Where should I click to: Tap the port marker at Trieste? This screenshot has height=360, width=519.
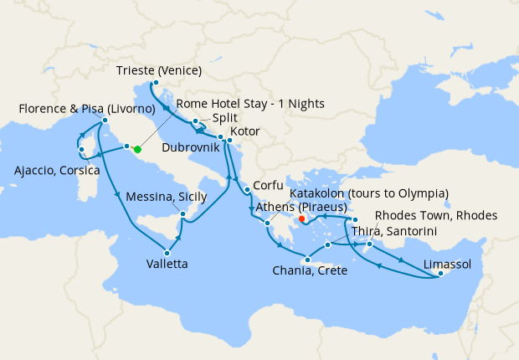tap(156, 82)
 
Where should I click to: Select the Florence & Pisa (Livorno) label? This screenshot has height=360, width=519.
tap(88, 110)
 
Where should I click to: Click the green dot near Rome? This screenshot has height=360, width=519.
tap(137, 149)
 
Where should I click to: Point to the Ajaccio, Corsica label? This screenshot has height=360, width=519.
tap(56, 171)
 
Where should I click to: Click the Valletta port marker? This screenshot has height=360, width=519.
tap(168, 253)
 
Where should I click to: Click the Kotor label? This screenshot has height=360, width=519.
tap(244, 132)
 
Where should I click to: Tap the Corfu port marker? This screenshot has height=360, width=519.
tap(248, 192)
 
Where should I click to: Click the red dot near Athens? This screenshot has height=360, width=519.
tap(302, 221)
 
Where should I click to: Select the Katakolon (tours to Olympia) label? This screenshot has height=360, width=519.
tap(369, 193)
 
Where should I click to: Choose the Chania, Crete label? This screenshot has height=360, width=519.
tap(310, 271)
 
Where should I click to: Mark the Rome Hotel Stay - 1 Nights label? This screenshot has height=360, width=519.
tap(249, 104)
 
